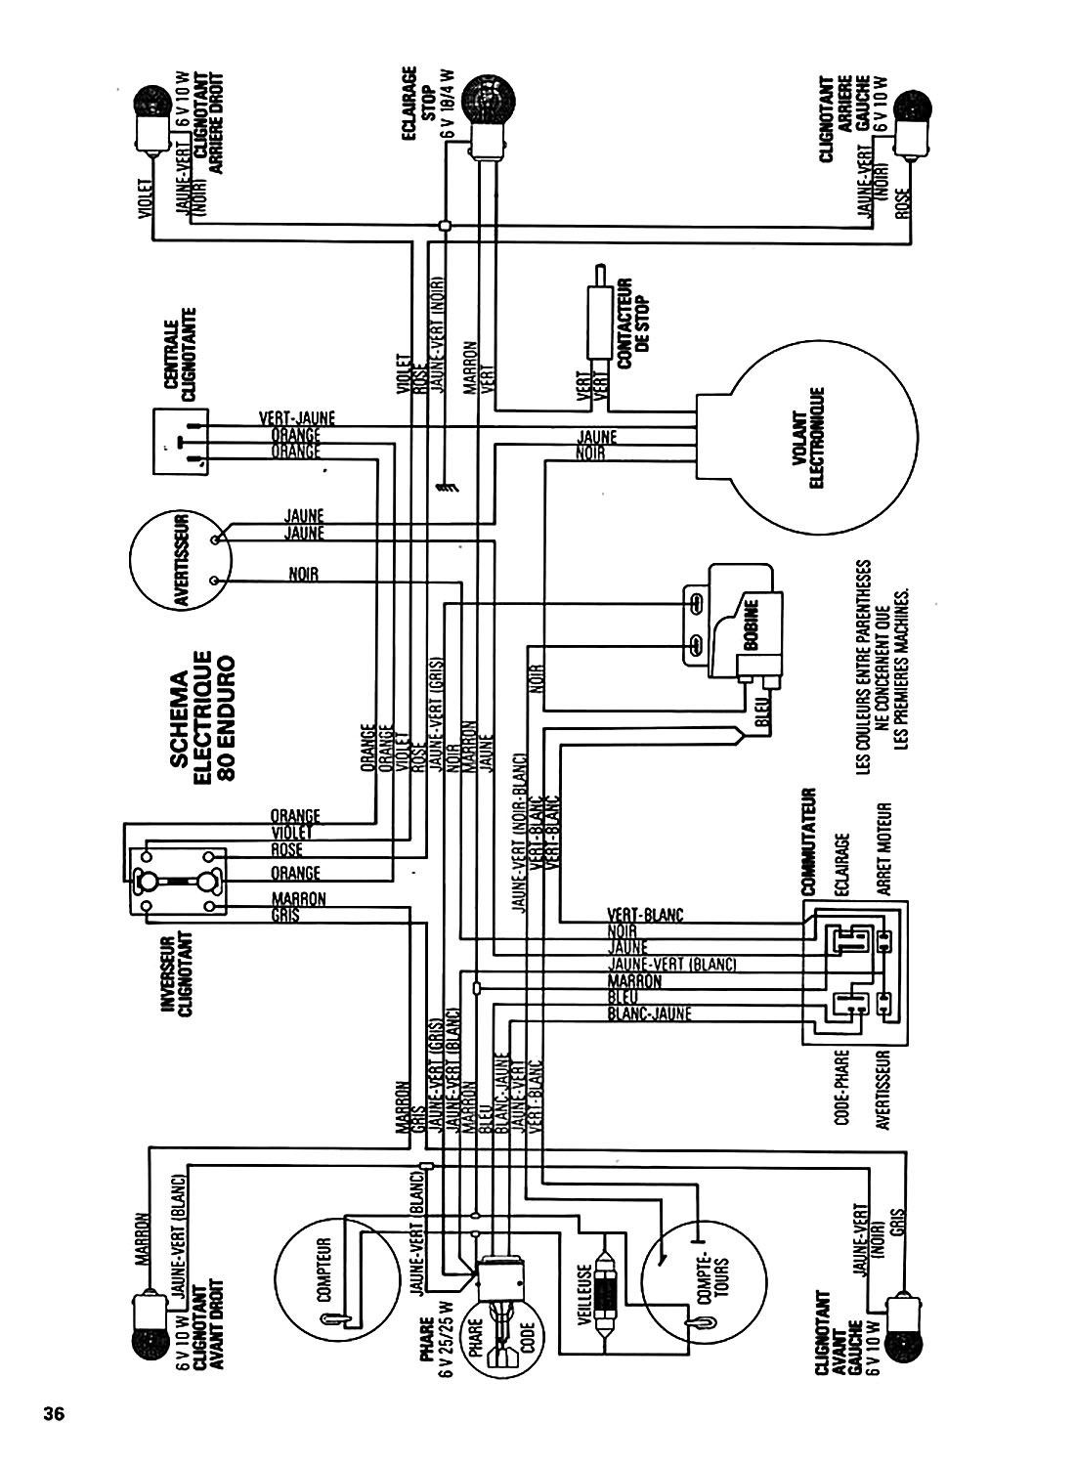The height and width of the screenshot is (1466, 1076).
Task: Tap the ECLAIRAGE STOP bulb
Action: tap(486, 99)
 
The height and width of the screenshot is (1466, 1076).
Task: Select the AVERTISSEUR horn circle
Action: tap(182, 558)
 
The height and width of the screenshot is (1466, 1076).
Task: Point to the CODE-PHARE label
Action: tap(841, 1090)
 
